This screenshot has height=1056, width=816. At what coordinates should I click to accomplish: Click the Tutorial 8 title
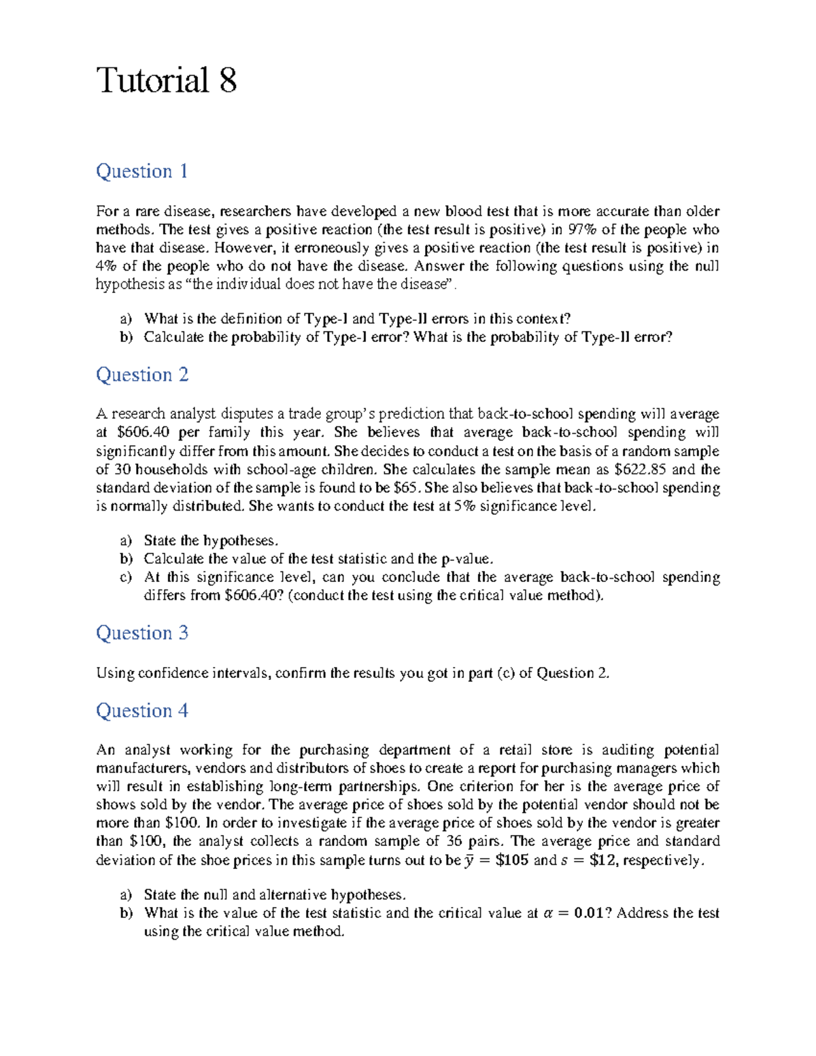167,80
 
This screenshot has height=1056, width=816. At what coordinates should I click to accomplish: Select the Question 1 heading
141,171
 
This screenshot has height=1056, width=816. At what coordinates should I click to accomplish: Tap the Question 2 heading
141,375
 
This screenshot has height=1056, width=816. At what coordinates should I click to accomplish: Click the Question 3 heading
141,633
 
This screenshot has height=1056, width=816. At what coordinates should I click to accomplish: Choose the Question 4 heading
141,711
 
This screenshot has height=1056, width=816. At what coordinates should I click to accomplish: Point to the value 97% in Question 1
581,230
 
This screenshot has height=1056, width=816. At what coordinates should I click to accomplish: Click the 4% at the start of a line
106,267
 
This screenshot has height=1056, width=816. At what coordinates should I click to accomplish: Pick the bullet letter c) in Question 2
126,578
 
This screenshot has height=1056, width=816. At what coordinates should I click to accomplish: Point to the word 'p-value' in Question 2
465,560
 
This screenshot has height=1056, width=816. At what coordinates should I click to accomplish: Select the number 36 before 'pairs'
454,842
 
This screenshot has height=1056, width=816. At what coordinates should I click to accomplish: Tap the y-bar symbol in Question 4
469,861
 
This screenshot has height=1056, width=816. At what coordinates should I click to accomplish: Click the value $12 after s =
602,860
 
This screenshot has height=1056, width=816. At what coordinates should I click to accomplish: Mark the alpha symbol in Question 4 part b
548,914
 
